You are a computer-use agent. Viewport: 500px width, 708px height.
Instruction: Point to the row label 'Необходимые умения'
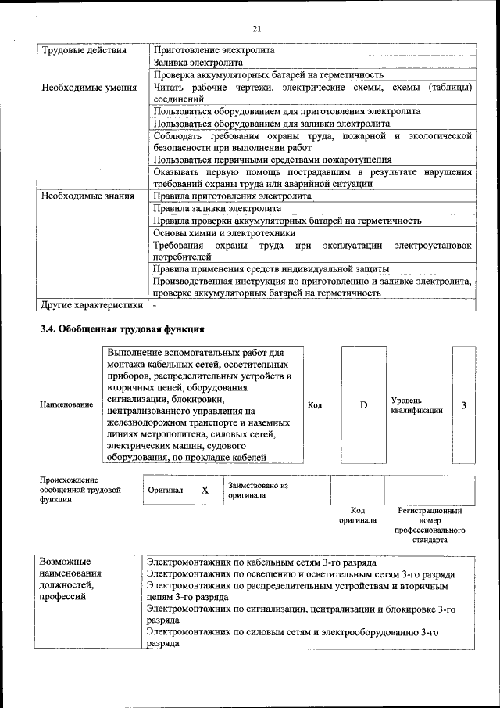(x=87, y=88)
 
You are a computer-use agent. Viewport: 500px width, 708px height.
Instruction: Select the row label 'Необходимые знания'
(x=87, y=196)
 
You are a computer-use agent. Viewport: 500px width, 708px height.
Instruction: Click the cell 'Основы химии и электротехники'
(x=224, y=233)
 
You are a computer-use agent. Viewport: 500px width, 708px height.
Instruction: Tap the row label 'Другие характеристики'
(x=91, y=304)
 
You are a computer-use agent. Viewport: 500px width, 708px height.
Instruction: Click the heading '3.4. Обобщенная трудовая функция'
(x=122, y=329)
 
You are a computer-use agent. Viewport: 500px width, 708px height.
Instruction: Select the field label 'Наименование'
(x=66, y=405)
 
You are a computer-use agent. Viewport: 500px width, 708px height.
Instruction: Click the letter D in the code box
(x=362, y=405)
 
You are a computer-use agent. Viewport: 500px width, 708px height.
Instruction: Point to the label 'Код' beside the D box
(x=315, y=405)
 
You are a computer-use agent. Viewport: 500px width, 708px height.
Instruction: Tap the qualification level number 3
(x=464, y=405)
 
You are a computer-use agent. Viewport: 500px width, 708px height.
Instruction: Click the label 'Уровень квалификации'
(x=416, y=405)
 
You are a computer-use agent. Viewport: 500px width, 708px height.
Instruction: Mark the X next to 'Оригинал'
(x=205, y=491)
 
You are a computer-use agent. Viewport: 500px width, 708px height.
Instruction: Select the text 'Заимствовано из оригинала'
(x=258, y=491)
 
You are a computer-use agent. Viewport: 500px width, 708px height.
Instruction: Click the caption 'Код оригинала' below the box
(x=357, y=516)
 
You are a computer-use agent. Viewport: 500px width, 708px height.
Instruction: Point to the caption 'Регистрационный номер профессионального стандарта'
(x=429, y=525)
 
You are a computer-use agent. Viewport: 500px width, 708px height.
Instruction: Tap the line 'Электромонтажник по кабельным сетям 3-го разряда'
(x=262, y=562)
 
